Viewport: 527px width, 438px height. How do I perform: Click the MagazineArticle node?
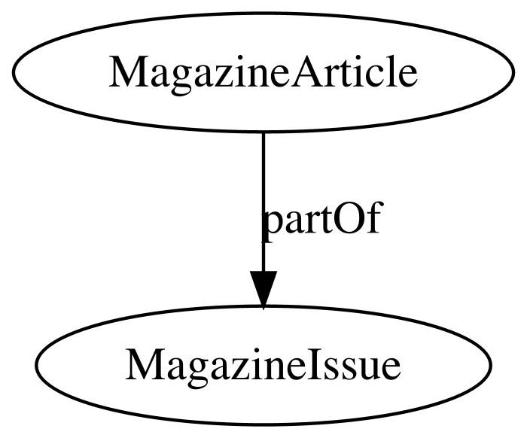click(x=263, y=72)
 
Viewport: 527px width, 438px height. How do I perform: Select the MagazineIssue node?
click(x=263, y=365)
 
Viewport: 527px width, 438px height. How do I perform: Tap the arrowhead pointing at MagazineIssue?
click(x=263, y=290)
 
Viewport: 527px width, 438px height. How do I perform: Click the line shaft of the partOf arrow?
click(x=263, y=202)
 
